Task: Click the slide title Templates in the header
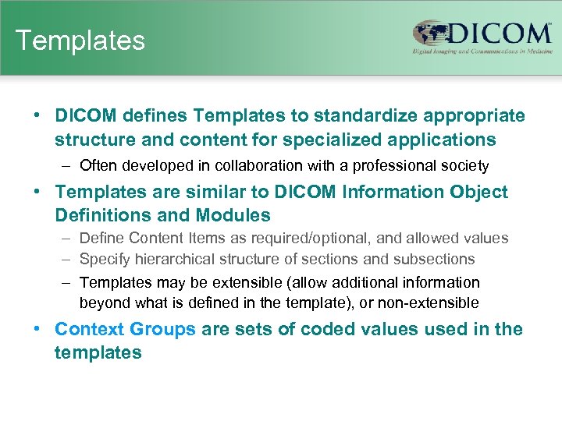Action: [x=80, y=41]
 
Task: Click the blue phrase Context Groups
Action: [x=125, y=329]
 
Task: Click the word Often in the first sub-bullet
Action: [x=98, y=165]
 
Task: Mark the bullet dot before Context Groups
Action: [x=37, y=329]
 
